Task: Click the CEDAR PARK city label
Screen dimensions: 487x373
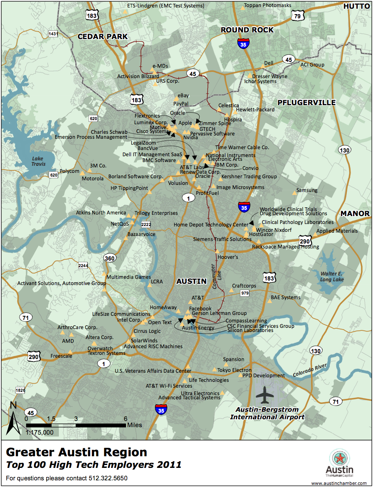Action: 102,37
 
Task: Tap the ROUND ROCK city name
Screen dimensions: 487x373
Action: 247,30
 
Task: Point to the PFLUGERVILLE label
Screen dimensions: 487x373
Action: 306,102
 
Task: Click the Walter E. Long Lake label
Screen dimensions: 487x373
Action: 332,277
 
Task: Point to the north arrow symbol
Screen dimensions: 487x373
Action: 13,417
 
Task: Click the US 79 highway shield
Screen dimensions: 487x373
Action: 297,16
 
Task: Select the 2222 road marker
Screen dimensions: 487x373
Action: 146,224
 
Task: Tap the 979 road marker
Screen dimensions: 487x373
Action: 245,293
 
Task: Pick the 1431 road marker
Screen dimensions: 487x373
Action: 53,34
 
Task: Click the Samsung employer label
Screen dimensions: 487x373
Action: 306,190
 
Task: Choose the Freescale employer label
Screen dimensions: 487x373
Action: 61,356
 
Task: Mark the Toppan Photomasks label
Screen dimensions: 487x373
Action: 267,5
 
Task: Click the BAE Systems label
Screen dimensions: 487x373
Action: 285,298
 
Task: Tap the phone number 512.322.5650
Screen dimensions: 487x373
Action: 108,478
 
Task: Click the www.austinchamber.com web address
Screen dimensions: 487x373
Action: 339,483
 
